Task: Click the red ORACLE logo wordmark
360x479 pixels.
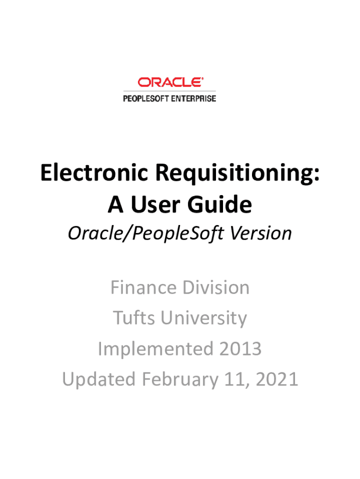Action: click(x=170, y=82)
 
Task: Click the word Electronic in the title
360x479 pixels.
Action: click(x=94, y=173)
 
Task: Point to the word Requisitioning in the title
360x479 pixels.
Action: click(x=238, y=174)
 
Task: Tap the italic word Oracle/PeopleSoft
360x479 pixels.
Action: click(x=146, y=234)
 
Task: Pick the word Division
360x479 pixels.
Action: click(x=216, y=288)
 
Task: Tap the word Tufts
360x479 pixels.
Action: click(x=134, y=318)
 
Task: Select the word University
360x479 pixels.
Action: click(x=204, y=319)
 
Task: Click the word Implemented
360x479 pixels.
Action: click(x=155, y=349)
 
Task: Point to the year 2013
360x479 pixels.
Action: click(x=240, y=349)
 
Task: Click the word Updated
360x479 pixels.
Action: click(x=99, y=380)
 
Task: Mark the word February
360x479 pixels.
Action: click(x=180, y=380)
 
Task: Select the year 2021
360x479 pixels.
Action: click(x=277, y=379)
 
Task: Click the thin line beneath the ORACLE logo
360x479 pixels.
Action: click(x=169, y=91)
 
